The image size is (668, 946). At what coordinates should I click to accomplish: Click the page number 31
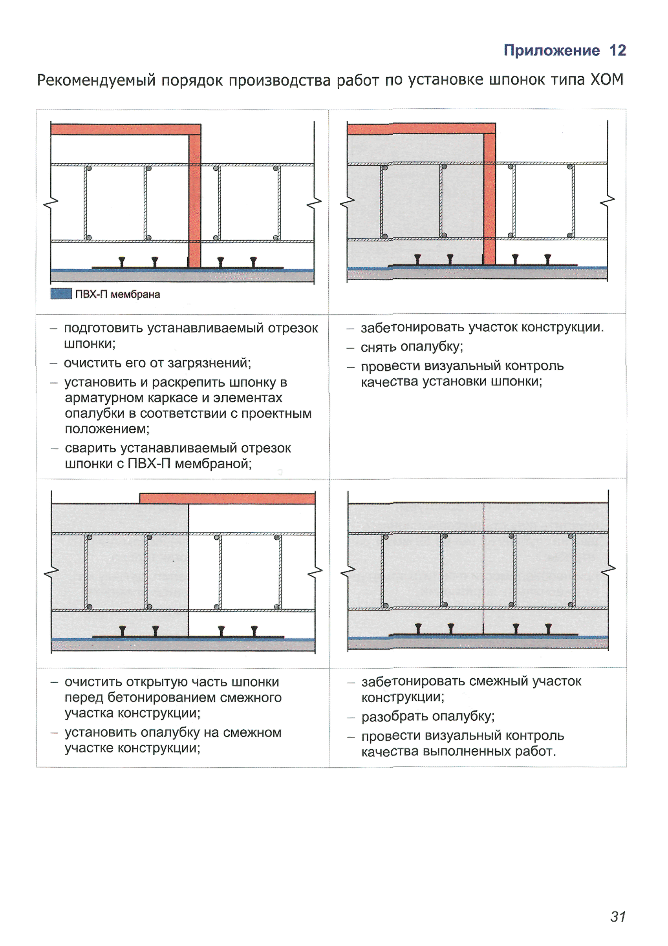(x=618, y=916)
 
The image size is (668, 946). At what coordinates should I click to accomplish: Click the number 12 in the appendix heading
(x=617, y=50)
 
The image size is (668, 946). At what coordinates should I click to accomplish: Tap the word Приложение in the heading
(x=551, y=50)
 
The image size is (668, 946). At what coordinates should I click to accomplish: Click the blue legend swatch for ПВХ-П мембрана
(x=61, y=294)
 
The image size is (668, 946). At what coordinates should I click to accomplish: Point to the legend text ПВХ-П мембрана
(x=117, y=294)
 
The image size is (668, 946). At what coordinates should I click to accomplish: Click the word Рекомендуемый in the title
(x=96, y=80)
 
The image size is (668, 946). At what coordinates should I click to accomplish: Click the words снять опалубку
(x=411, y=347)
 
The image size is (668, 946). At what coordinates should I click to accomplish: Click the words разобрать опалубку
(x=427, y=716)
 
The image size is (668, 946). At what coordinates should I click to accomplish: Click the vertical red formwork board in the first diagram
(x=194, y=202)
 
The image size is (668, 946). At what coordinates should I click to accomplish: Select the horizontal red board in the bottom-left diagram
(x=227, y=499)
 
